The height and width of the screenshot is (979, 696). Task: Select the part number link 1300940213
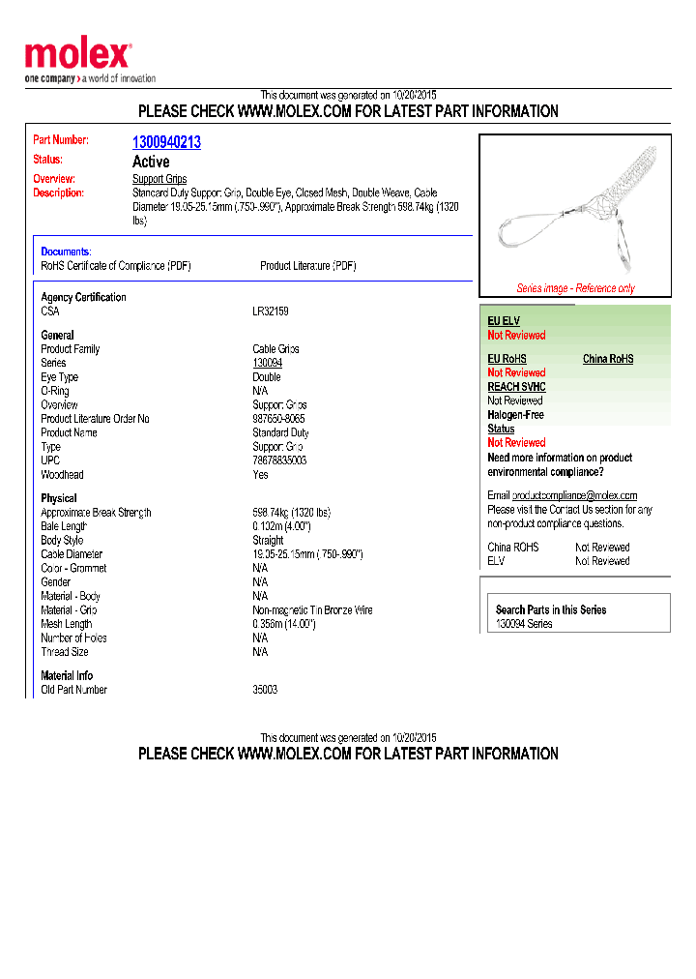coord(166,142)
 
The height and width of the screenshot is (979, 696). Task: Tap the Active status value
coord(151,162)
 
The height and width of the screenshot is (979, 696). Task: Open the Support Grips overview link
coord(159,179)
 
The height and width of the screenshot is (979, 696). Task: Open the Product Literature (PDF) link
coord(308,265)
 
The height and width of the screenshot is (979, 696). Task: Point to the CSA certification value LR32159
coord(271,311)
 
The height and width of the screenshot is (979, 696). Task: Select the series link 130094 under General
coord(268,363)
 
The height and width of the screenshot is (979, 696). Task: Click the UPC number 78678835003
coord(279,460)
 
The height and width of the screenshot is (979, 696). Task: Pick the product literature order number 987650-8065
coord(278,419)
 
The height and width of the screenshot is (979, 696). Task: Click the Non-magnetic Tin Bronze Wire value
coord(312,610)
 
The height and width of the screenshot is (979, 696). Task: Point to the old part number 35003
coord(265,690)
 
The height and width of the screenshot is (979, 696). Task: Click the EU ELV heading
coord(504,320)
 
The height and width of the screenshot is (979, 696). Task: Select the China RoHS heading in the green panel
coord(608,359)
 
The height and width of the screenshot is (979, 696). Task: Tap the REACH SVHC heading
coord(516,387)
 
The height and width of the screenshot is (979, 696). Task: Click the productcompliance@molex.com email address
coord(574,495)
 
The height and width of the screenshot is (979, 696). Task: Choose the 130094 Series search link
coord(524,624)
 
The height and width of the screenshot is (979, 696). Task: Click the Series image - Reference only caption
coord(575,288)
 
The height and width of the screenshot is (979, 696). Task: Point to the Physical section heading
coord(59,498)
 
